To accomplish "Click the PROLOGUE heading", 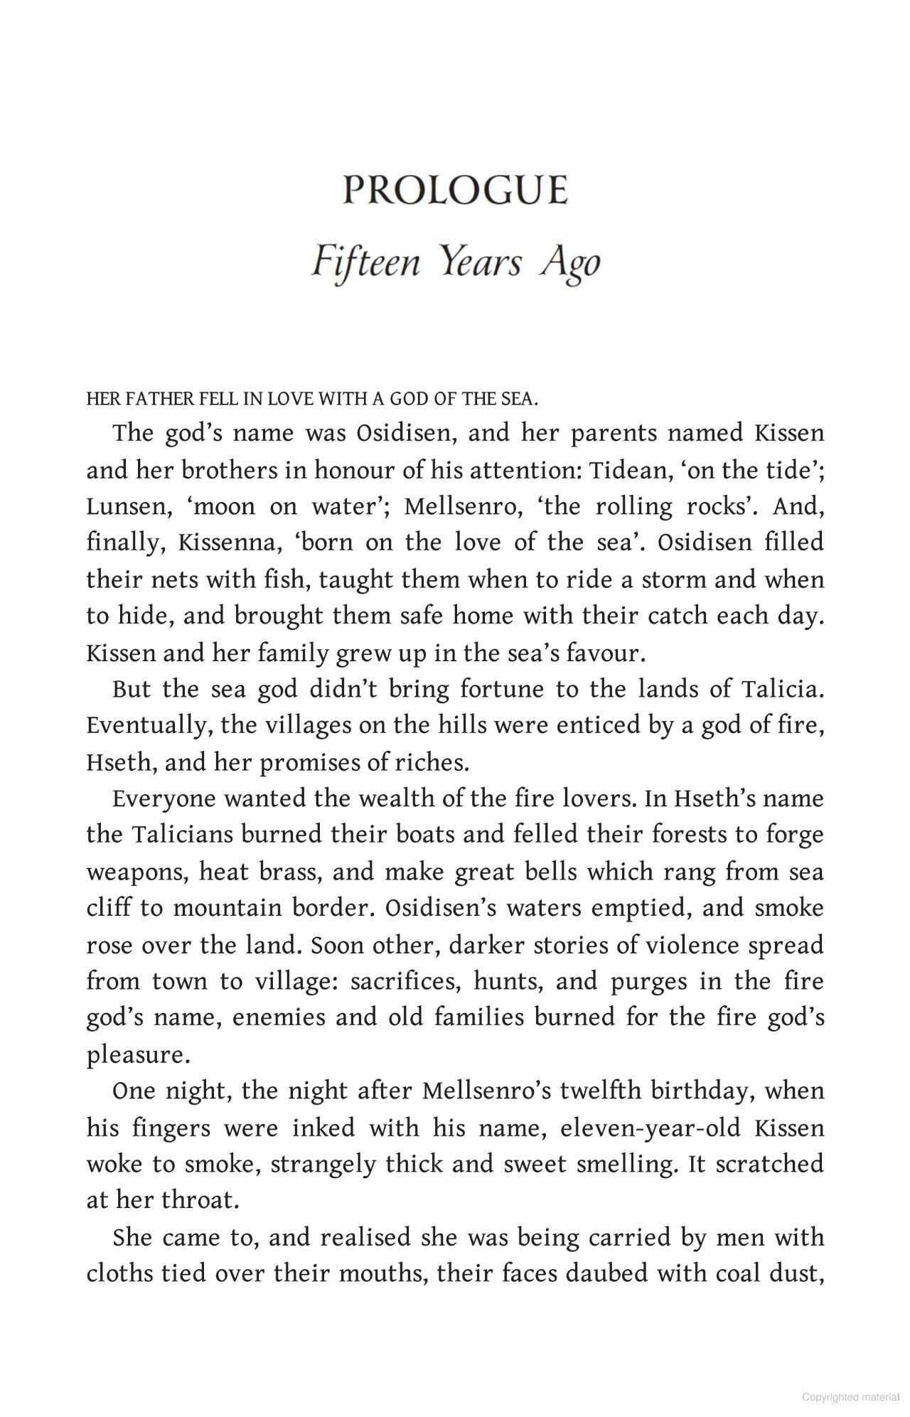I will (x=455, y=191).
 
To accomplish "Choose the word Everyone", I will (x=164, y=799).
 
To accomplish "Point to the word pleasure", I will (x=139, y=1055).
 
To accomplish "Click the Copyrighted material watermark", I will (x=850, y=1397).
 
